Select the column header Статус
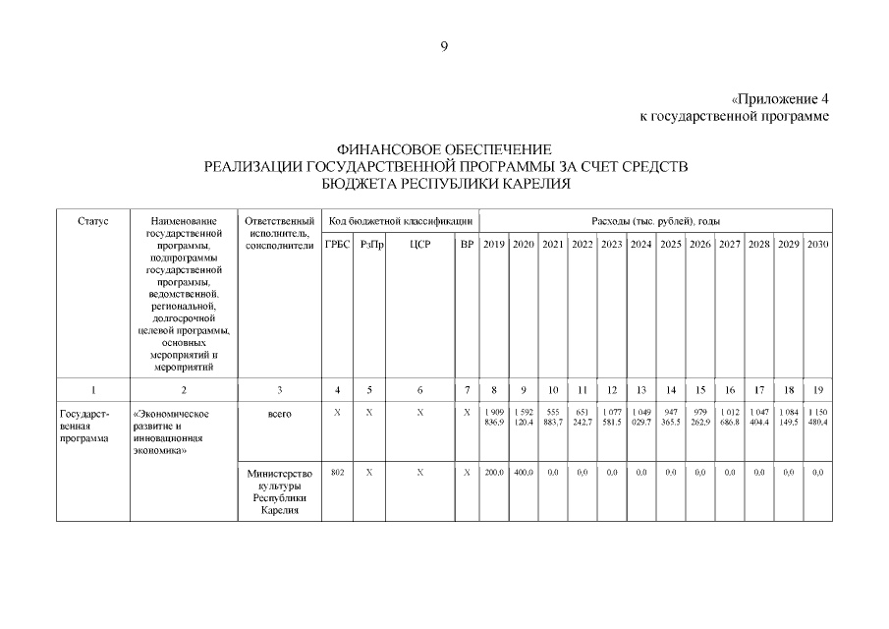pyautogui.click(x=92, y=221)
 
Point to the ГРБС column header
pyautogui.click(x=337, y=244)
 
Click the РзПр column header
pyautogui.click(x=369, y=244)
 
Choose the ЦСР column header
pyautogui.click(x=419, y=244)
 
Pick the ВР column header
pyautogui.click(x=467, y=244)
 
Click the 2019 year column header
pyautogui.click(x=493, y=244)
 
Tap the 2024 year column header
pyautogui.click(x=641, y=244)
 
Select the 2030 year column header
pyautogui.click(x=817, y=244)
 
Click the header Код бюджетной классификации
pyautogui.click(x=400, y=221)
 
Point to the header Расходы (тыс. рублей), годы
pyautogui.click(x=655, y=221)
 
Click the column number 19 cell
pyautogui.click(x=817, y=390)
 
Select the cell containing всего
pyautogui.click(x=280, y=414)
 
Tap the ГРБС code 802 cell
pyautogui.click(x=337, y=473)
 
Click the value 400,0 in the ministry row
pyautogui.click(x=523, y=473)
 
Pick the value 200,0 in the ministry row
pyautogui.click(x=493, y=473)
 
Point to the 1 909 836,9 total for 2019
pyautogui.click(x=493, y=417)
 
